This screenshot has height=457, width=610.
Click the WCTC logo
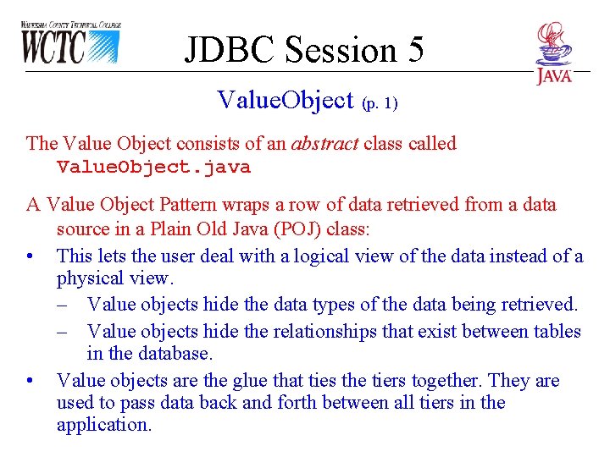click(69, 43)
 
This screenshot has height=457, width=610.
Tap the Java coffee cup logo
click(553, 52)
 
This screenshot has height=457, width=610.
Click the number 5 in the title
click(414, 50)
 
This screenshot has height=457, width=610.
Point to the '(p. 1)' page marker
click(379, 104)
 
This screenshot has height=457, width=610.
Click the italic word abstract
click(324, 143)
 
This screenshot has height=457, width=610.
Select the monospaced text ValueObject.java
click(153, 167)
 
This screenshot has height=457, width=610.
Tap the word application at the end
click(103, 425)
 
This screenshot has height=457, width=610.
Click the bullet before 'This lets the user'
click(30, 256)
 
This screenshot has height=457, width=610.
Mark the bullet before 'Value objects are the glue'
click(30, 380)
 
